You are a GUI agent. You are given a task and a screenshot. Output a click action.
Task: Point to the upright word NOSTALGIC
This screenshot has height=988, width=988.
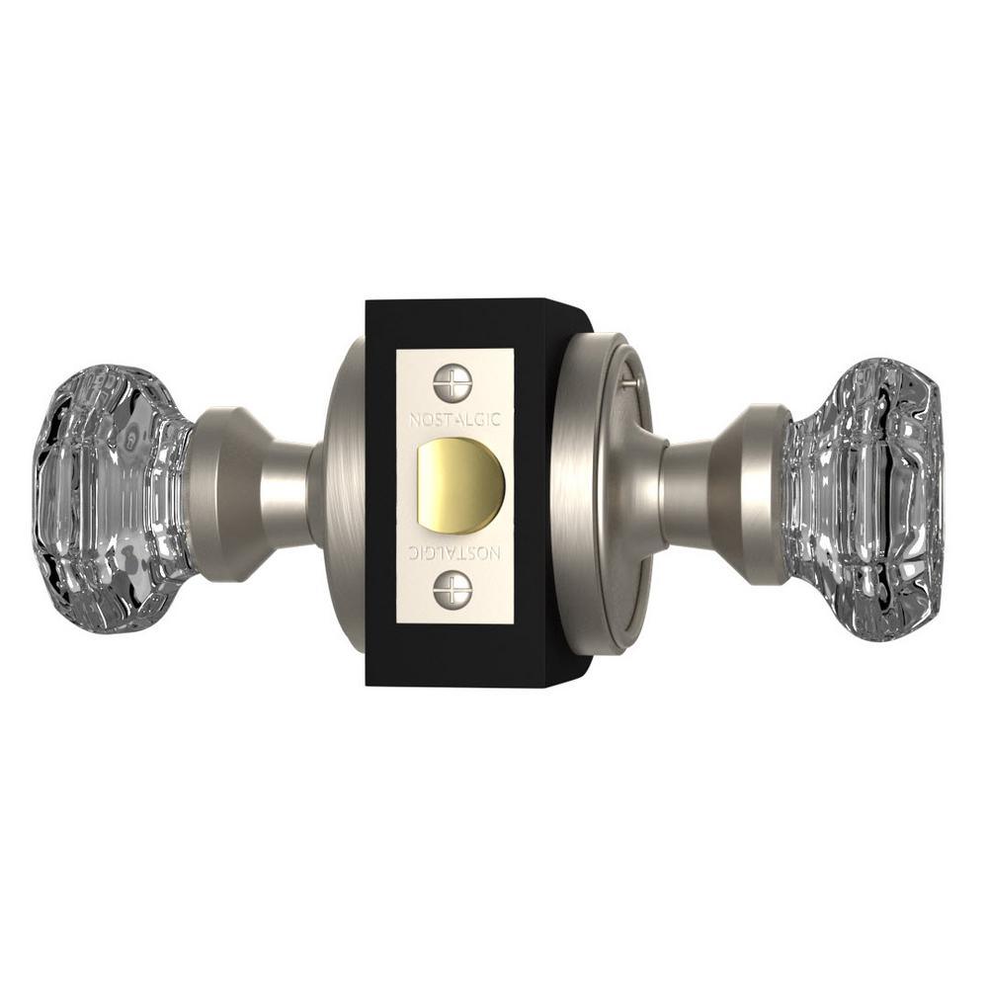coord(454,419)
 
